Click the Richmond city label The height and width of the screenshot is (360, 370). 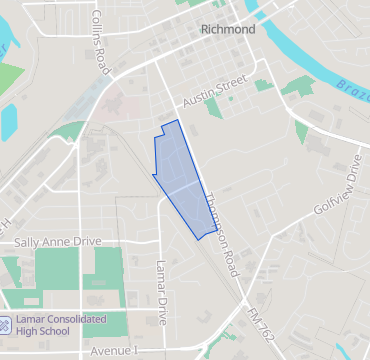click(x=228, y=29)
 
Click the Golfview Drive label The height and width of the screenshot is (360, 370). click(x=337, y=185)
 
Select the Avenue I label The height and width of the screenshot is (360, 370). click(x=113, y=351)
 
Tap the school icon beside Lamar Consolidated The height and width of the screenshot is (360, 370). click(x=5, y=324)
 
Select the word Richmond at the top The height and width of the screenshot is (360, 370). click(x=228, y=29)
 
